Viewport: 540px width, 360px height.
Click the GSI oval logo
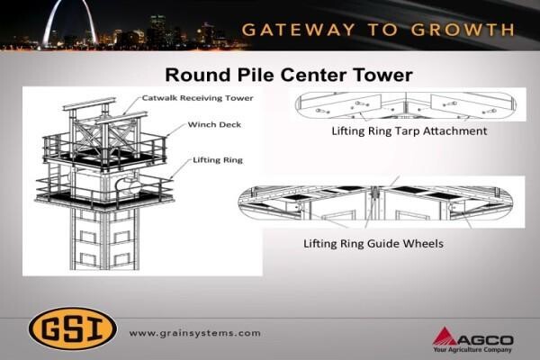tap(73, 328)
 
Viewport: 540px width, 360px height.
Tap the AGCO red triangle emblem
tap(445, 337)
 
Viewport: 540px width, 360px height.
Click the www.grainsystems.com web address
tap(195, 334)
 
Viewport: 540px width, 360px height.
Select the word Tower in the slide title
tap(382, 75)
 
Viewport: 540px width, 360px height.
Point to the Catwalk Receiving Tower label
tap(198, 98)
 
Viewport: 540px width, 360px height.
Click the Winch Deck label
tap(214, 125)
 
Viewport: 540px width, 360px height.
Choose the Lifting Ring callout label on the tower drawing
tap(218, 160)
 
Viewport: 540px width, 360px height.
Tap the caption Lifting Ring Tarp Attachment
tap(409, 131)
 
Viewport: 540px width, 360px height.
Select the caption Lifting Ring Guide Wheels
tap(373, 244)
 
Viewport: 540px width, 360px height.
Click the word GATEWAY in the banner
tap(298, 30)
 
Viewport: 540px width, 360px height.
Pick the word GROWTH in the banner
tap(463, 30)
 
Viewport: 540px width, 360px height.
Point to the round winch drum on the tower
tap(129, 185)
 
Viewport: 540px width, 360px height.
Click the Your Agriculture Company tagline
tap(472, 350)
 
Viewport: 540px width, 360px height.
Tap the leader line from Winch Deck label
tap(176, 130)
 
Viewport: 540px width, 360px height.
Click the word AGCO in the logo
tap(485, 340)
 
